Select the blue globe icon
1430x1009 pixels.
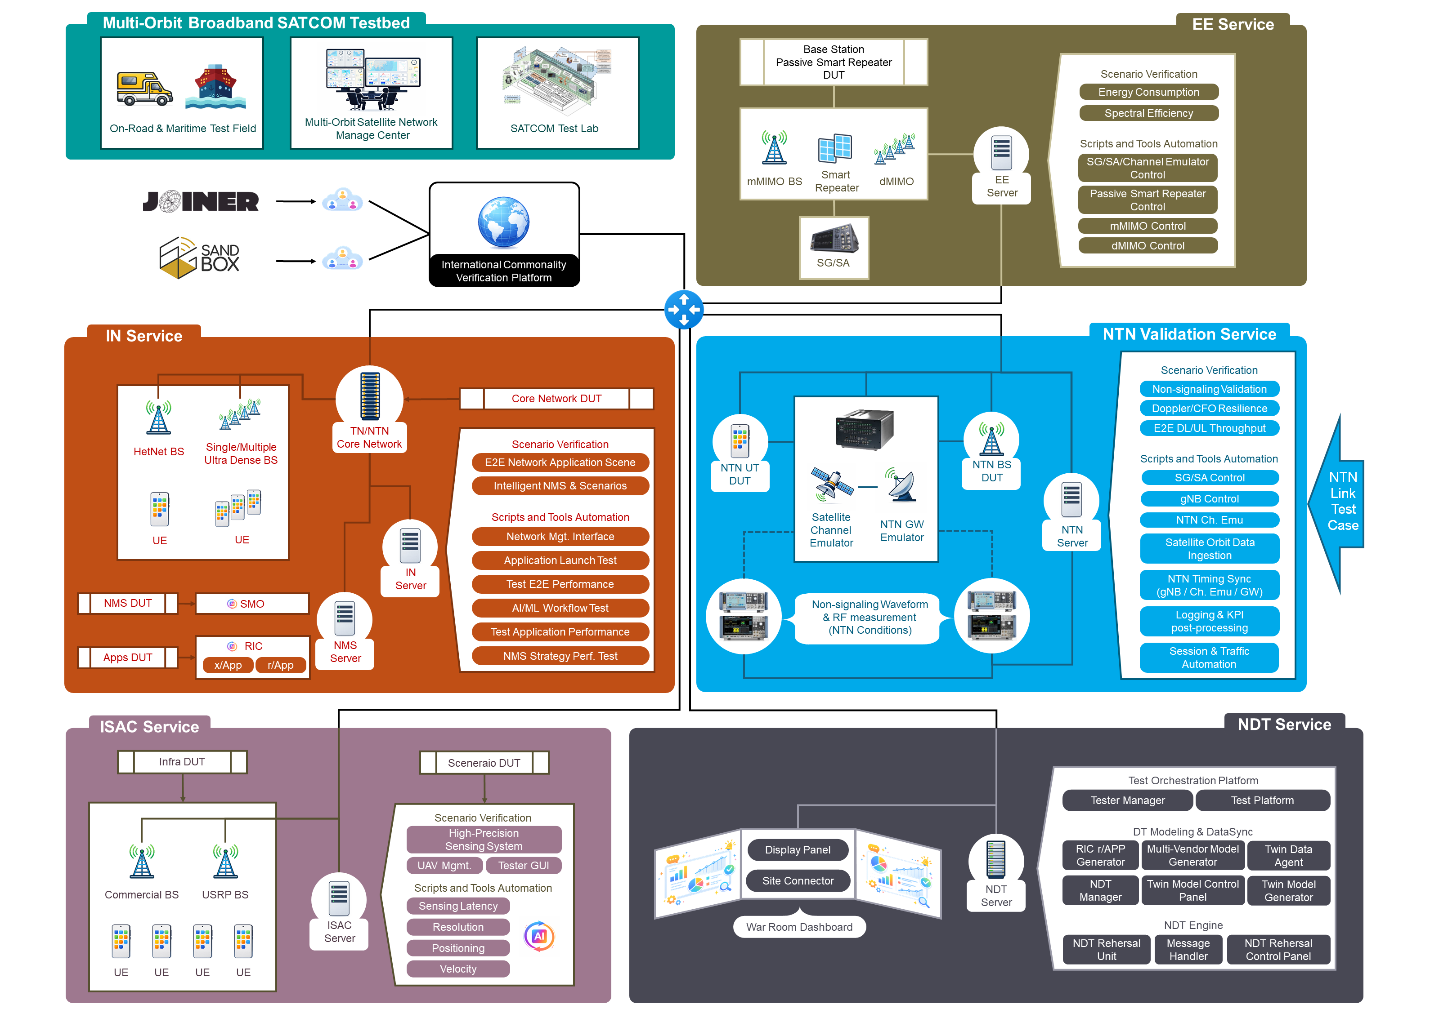click(x=503, y=222)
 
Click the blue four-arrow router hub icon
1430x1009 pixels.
click(x=683, y=309)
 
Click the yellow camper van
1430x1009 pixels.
click(x=144, y=89)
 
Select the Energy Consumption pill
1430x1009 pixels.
click(x=1148, y=92)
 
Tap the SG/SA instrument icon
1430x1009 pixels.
click(x=834, y=239)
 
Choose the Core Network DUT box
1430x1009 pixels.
click(x=556, y=398)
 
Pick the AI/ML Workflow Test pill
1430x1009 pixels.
click(x=560, y=608)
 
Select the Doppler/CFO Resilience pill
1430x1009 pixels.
click(x=1209, y=409)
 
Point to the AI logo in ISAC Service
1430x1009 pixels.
click(x=539, y=936)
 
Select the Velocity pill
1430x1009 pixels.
click(x=458, y=969)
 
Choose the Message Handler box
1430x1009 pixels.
click(x=1188, y=950)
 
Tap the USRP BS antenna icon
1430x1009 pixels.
click(x=225, y=862)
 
